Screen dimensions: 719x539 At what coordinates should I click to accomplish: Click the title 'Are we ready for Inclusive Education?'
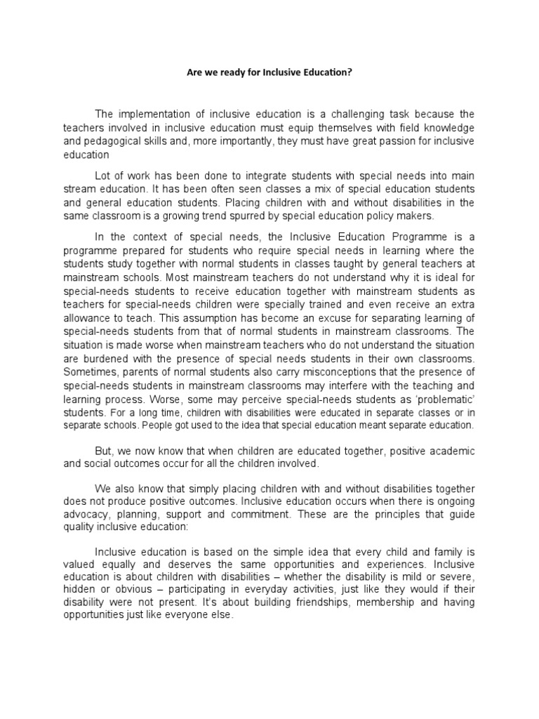pos(269,72)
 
